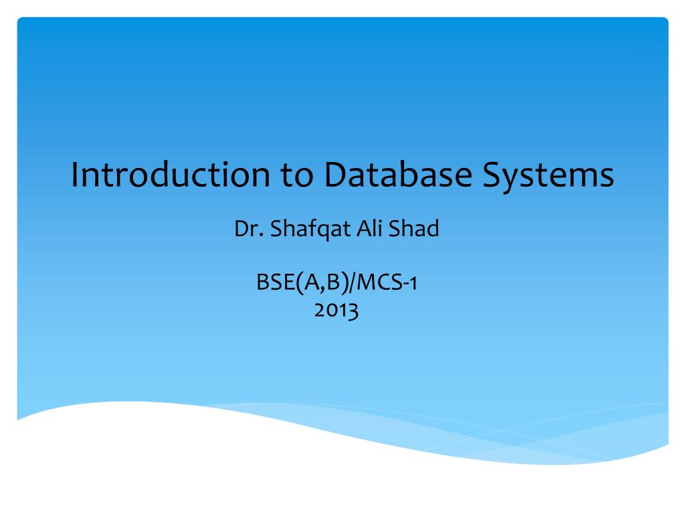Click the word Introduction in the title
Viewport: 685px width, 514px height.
171,175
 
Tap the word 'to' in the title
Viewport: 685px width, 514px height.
296,175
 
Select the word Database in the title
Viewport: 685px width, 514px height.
398,174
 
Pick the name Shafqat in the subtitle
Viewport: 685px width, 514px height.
310,229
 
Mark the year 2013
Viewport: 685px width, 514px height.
336,310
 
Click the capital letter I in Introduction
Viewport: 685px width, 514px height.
74,175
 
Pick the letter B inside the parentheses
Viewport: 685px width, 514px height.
333,282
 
